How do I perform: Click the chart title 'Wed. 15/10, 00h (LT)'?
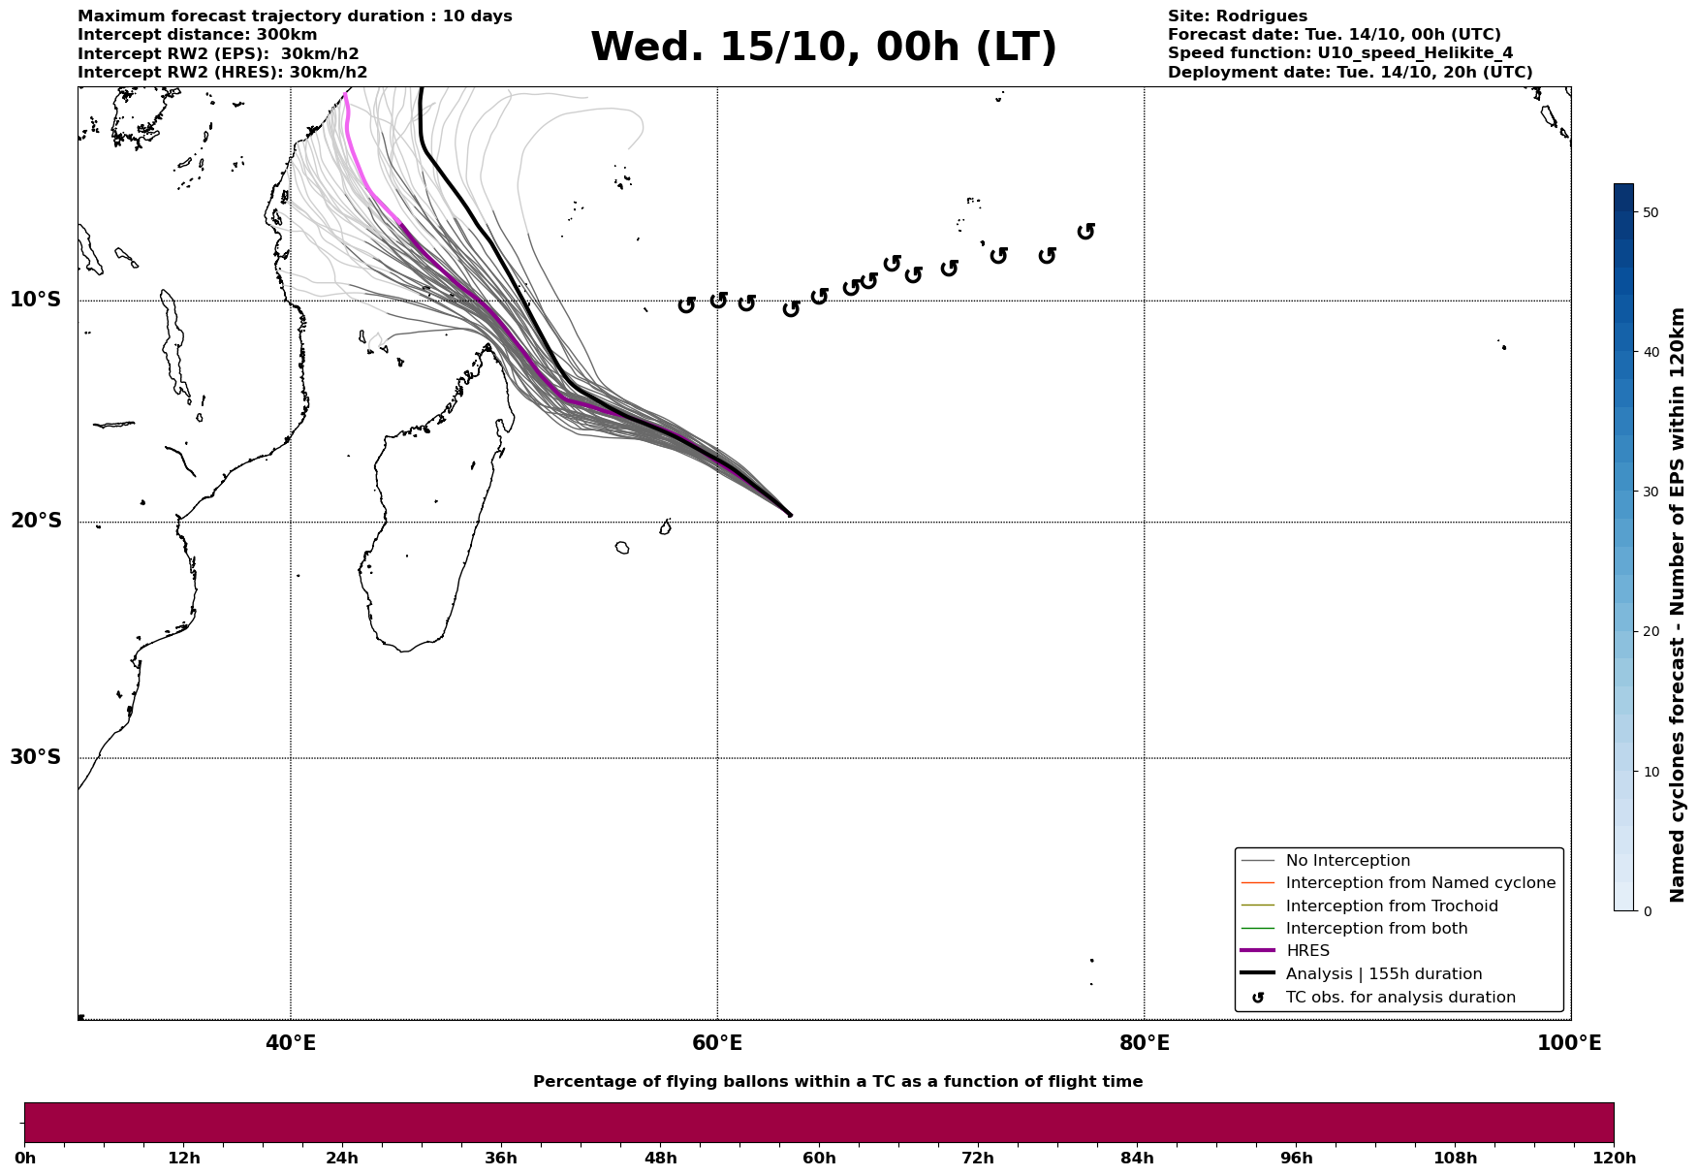point(823,48)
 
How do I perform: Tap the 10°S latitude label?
point(36,300)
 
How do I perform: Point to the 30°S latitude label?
point(36,757)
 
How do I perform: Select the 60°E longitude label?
point(717,1043)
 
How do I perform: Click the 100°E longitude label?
point(1569,1043)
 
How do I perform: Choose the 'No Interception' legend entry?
point(1347,861)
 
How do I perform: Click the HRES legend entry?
point(1307,951)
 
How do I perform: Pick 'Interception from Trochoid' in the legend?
point(1391,906)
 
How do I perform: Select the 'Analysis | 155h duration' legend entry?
point(1383,974)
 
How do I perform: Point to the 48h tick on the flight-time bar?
point(661,1158)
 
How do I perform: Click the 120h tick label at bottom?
point(1614,1158)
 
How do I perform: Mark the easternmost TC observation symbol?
point(1086,231)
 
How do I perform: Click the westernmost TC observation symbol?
point(686,304)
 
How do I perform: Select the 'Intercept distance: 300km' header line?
point(198,35)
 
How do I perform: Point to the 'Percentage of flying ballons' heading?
point(837,1082)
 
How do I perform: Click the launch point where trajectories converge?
point(790,515)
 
